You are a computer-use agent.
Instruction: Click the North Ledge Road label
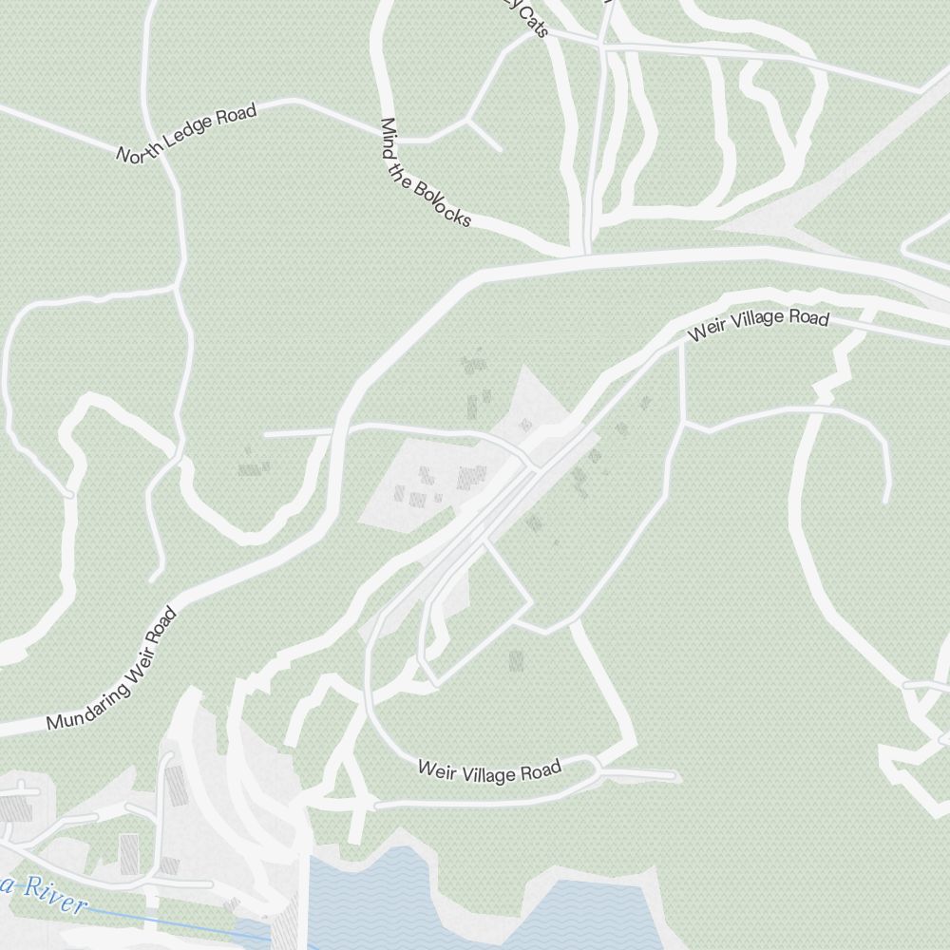(x=187, y=133)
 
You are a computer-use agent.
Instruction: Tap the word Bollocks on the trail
(x=443, y=199)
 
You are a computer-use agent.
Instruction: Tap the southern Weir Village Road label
(x=490, y=770)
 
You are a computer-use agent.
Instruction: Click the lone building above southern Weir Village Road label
(x=516, y=659)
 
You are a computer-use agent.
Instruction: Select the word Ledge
(x=187, y=133)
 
